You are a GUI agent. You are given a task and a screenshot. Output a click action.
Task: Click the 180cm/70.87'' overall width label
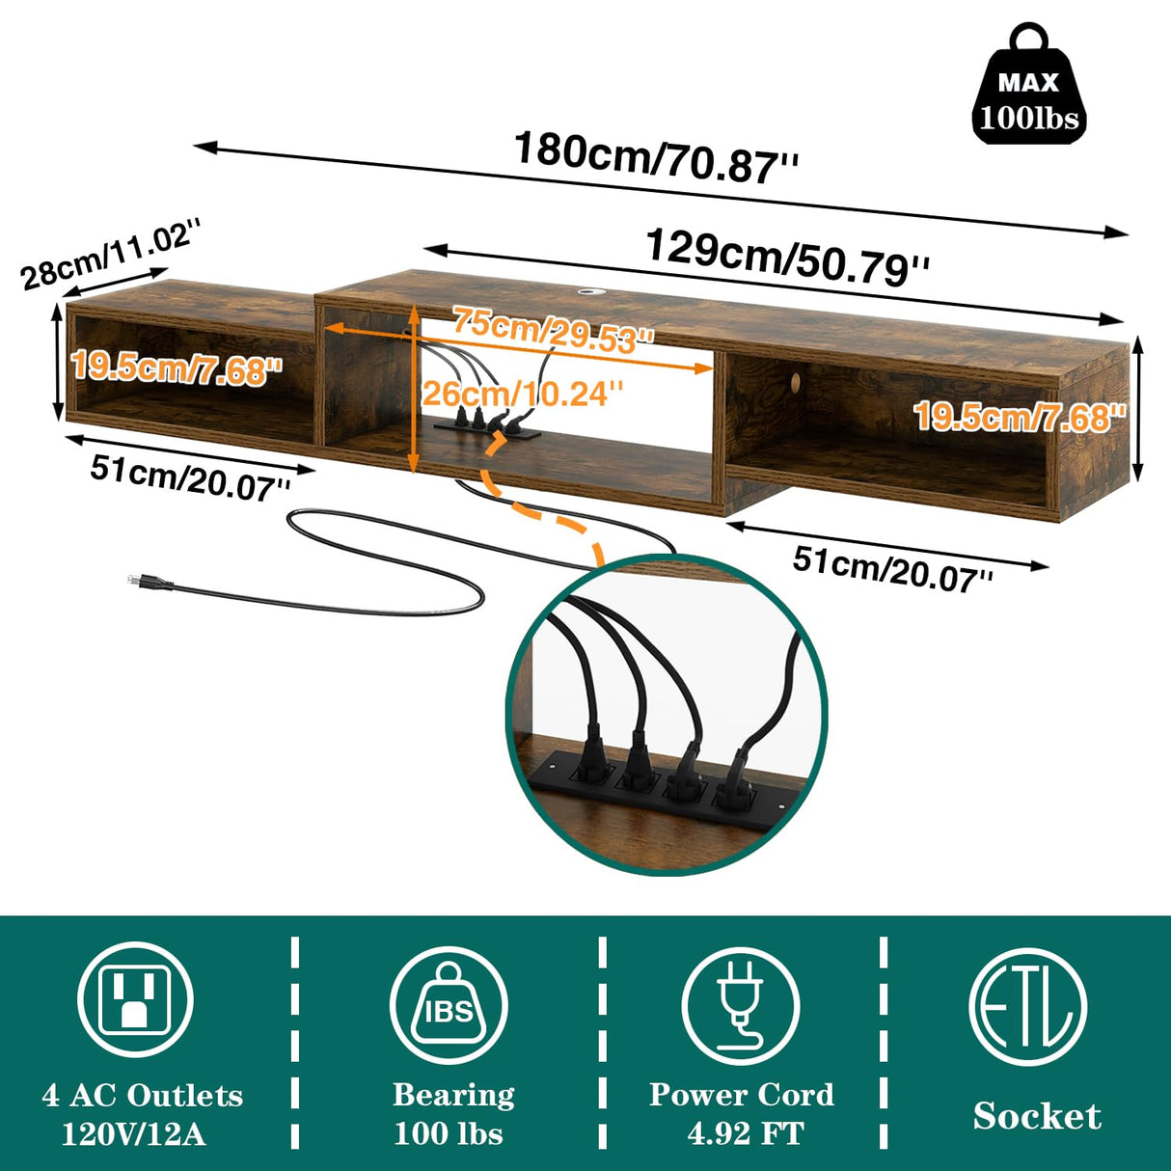[656, 158]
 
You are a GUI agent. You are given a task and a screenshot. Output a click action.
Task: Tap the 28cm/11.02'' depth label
[112, 254]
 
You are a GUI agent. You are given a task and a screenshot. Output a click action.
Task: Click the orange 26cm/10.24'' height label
[522, 394]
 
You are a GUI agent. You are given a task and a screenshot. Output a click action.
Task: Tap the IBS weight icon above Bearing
[449, 1005]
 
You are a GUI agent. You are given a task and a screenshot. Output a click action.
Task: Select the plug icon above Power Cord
[740, 1005]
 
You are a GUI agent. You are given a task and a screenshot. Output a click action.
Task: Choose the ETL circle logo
[1027, 1006]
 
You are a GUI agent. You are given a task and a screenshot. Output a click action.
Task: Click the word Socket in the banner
[1037, 1116]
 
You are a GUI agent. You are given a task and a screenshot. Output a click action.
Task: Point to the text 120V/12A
[134, 1133]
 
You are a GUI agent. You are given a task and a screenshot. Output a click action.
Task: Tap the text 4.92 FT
[745, 1133]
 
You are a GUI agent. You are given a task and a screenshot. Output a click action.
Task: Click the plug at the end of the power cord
[145, 581]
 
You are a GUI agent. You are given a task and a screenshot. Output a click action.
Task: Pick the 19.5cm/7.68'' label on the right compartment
[1020, 418]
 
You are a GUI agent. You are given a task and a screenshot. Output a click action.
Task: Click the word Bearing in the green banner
[453, 1095]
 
